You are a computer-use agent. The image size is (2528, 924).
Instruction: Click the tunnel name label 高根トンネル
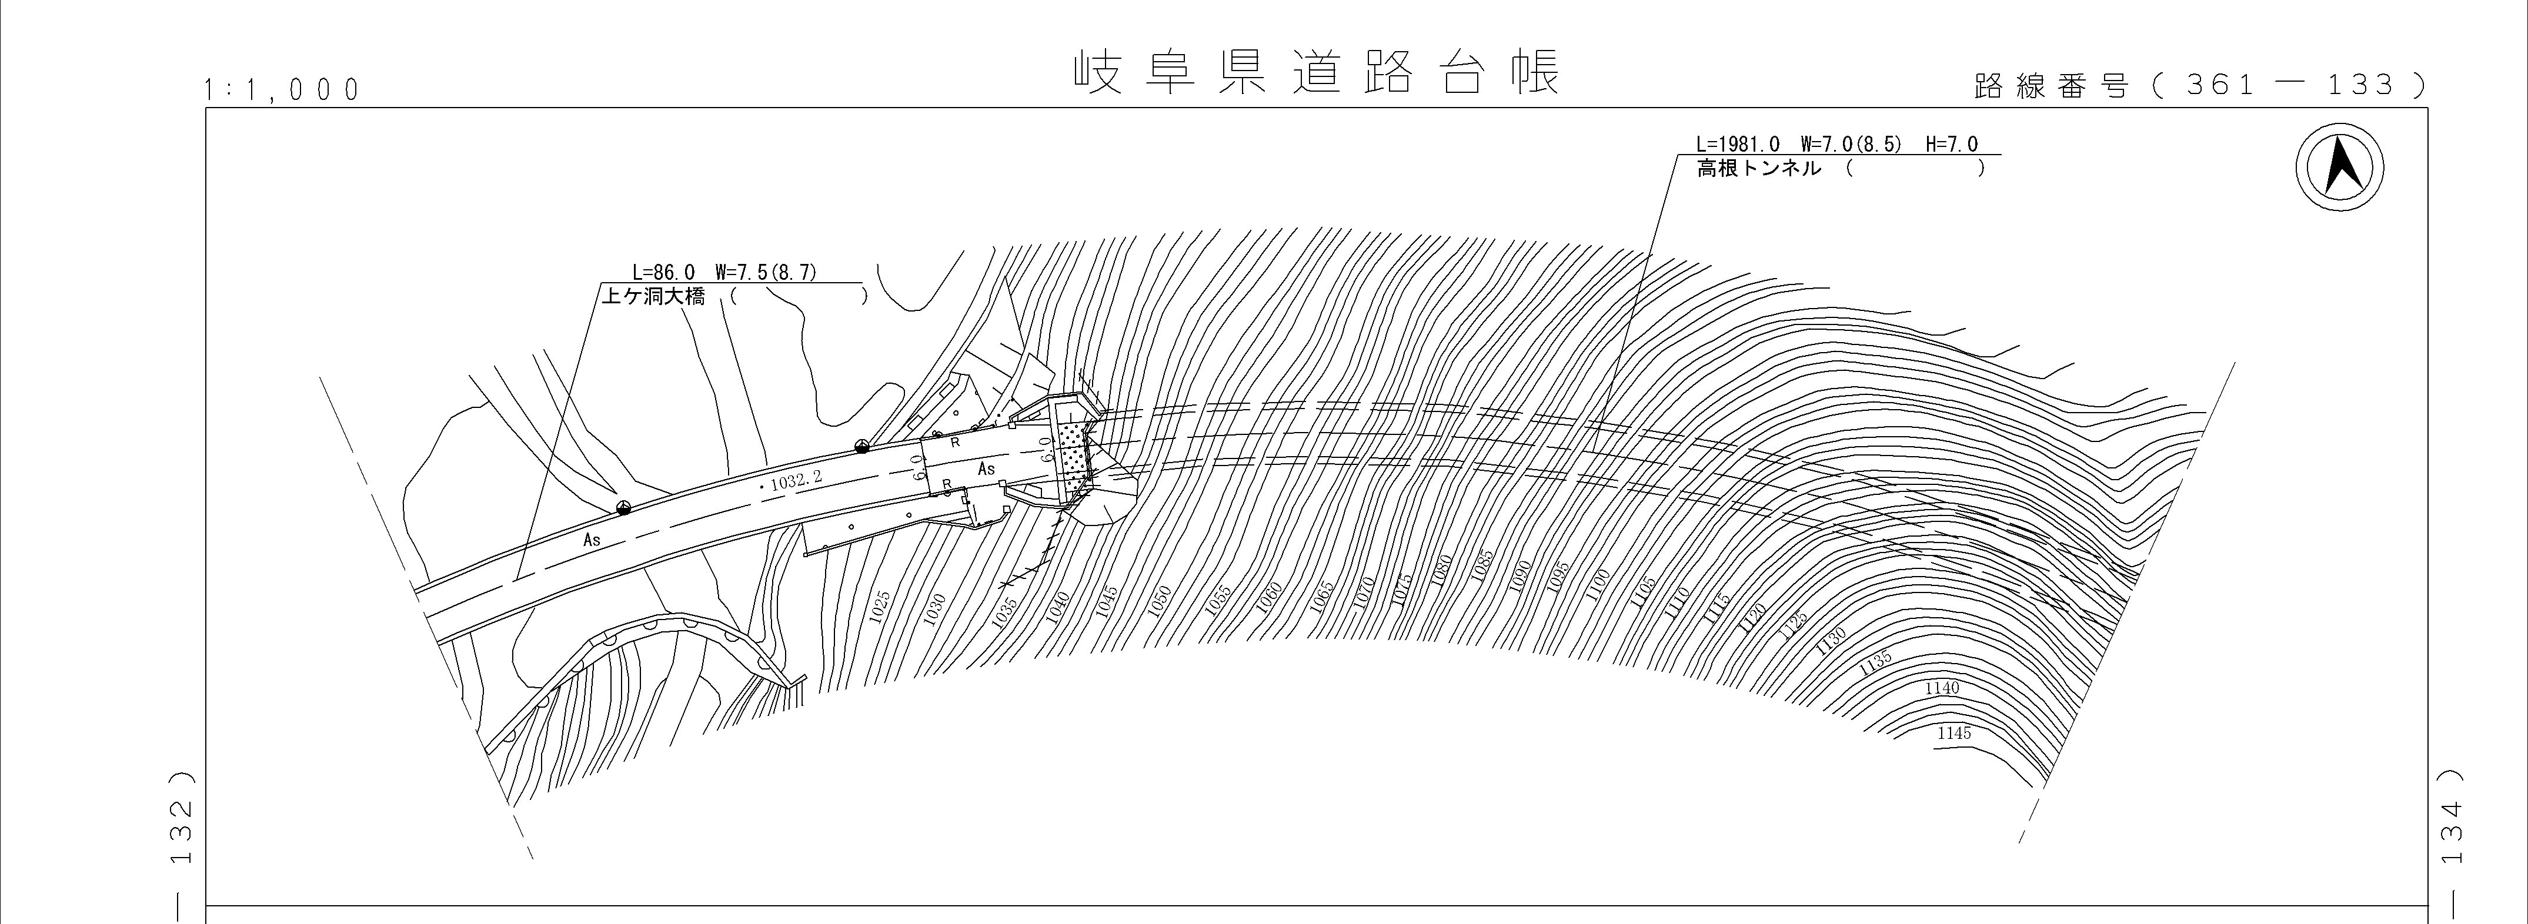[1759, 169]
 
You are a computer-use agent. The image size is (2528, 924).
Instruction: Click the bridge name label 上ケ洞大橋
[653, 296]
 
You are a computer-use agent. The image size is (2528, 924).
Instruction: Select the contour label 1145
[1954, 733]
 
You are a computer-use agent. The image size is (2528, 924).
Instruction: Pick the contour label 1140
[1942, 688]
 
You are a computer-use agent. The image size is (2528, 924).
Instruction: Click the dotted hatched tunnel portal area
[1076, 456]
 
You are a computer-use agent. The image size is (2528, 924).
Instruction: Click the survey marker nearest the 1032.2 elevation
[861, 446]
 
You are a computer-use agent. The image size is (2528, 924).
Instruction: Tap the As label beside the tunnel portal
[986, 470]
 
